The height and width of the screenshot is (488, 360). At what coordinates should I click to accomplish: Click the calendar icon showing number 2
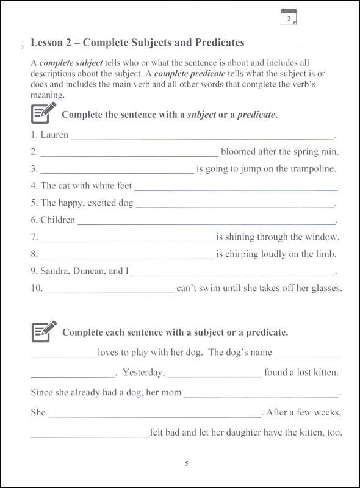point(288,19)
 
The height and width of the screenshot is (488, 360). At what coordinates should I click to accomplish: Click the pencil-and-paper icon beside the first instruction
point(43,113)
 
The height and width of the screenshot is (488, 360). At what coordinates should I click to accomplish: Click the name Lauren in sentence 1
point(54,135)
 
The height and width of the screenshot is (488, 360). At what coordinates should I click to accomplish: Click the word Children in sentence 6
point(57,220)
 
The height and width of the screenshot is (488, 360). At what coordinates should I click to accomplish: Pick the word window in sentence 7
point(324,237)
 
